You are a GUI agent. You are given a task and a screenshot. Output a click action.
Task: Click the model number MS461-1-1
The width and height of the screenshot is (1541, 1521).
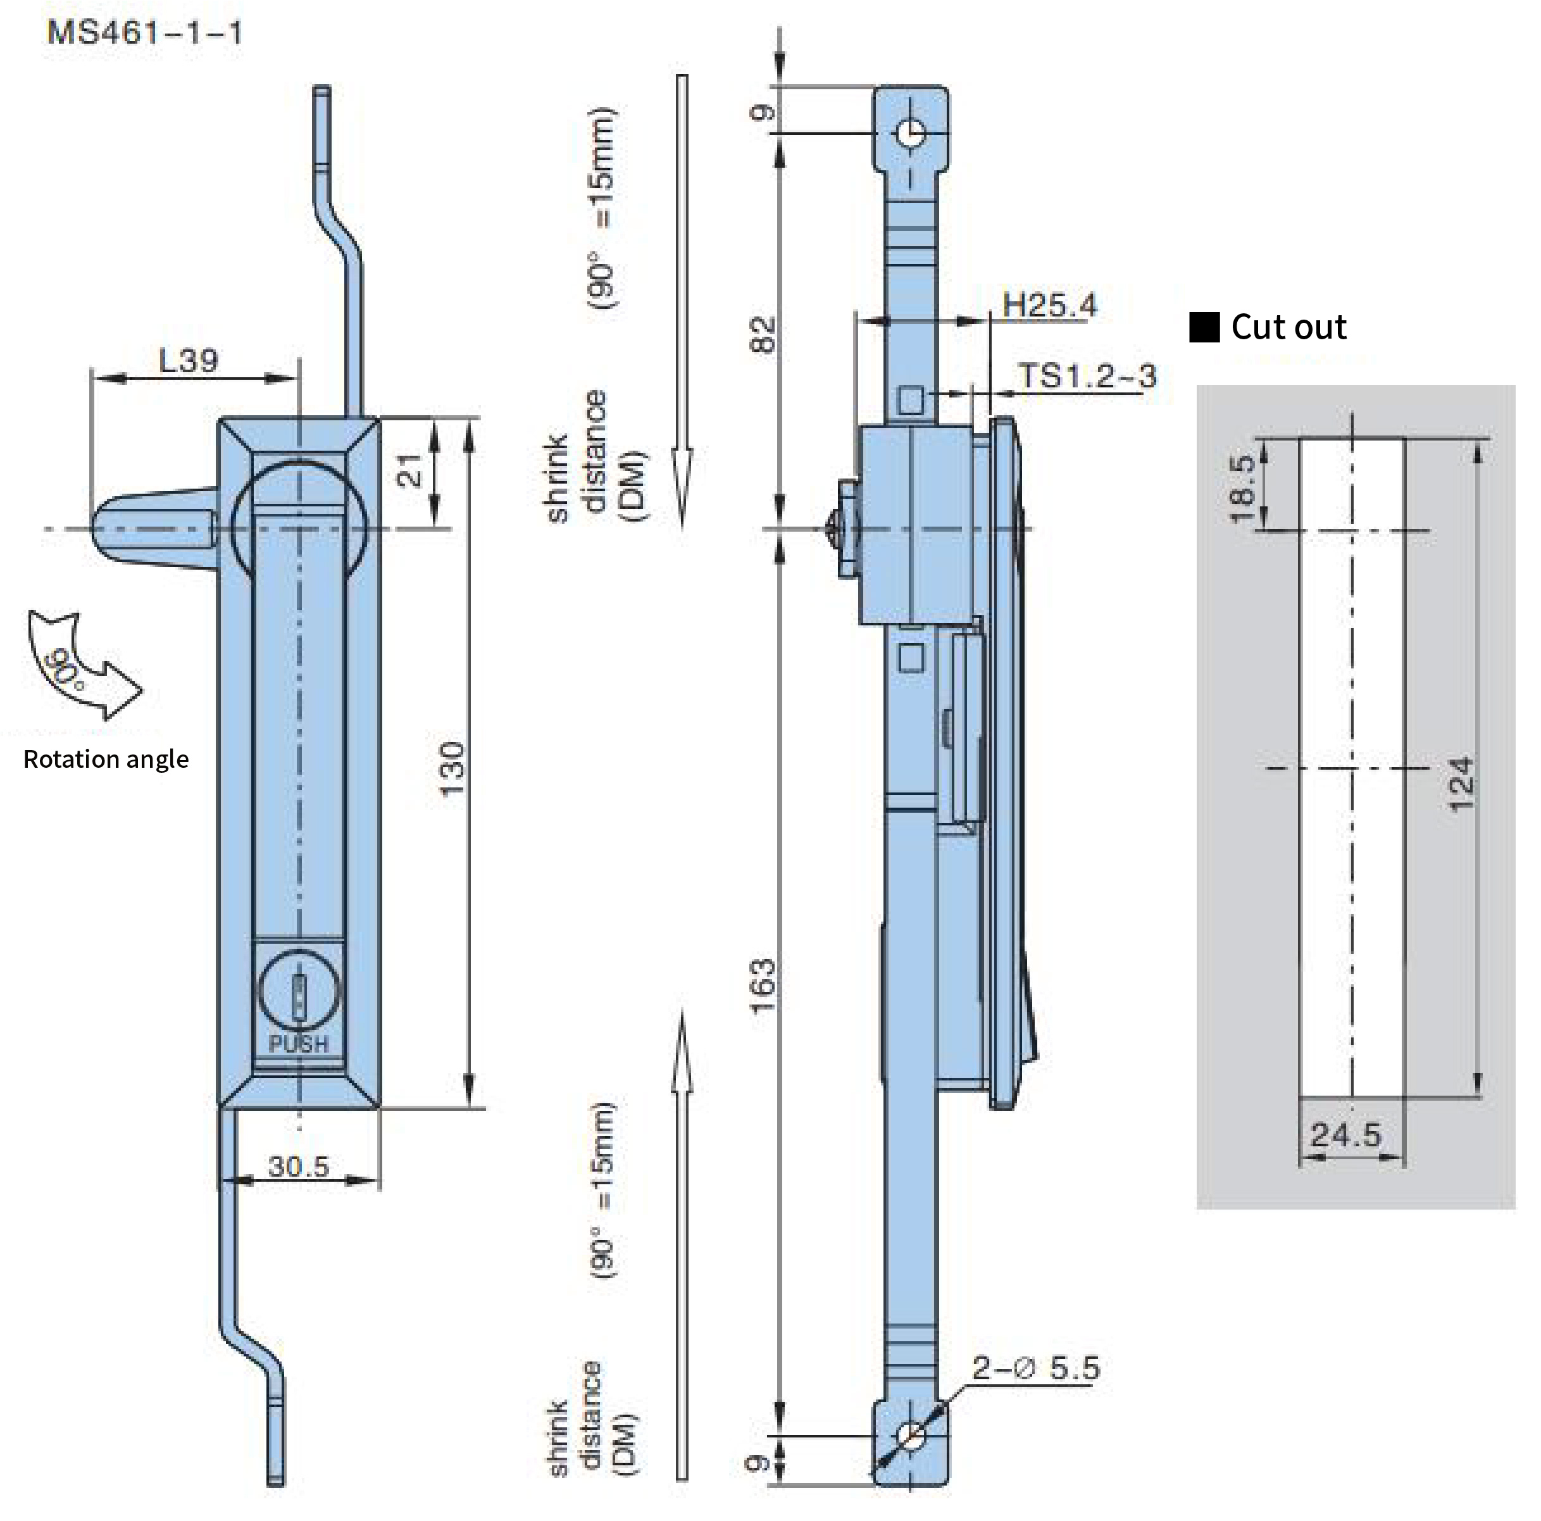144,34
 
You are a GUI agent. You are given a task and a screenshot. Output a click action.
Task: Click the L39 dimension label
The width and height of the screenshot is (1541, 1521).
188,361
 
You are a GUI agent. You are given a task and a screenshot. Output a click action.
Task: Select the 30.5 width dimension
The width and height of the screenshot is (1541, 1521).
298,1166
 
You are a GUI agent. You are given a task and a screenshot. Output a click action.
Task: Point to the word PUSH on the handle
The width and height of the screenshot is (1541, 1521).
298,1043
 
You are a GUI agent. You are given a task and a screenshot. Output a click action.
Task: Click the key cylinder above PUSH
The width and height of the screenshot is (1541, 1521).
299,994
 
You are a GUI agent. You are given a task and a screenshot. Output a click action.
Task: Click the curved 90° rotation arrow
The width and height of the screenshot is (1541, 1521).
80,666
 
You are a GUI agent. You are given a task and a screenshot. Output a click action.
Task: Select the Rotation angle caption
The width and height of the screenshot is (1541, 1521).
106,758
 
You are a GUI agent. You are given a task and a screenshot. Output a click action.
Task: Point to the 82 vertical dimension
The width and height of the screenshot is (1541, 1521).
763,334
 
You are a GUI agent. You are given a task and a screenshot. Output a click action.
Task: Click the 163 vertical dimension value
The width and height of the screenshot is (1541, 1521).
763,986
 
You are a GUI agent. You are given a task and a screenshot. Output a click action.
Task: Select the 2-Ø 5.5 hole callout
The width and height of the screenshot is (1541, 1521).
1035,1368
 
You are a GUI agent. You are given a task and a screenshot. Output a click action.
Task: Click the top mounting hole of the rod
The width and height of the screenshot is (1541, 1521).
910,133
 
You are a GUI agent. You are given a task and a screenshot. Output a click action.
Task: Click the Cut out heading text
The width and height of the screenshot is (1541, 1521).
1287,327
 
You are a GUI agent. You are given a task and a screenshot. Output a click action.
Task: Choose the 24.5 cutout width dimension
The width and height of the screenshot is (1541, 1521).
1345,1134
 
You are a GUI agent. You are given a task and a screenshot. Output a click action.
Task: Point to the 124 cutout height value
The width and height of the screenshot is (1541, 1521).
1461,785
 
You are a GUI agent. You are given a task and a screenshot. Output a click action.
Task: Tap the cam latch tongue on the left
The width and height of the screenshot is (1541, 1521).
151,528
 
